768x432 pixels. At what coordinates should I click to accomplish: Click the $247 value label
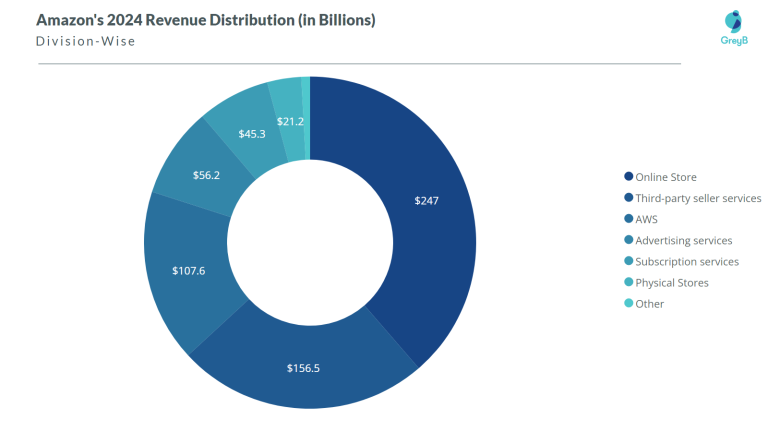[426, 200]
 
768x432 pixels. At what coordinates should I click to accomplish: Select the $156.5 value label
[303, 368]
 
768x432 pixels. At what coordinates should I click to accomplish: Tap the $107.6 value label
[188, 270]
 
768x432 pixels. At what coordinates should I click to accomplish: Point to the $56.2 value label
[206, 175]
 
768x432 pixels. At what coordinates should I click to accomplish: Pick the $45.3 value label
[251, 134]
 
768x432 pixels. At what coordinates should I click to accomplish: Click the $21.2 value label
[290, 121]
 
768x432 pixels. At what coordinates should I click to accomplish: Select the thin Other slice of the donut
[306, 118]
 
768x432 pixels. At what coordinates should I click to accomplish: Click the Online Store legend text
[665, 177]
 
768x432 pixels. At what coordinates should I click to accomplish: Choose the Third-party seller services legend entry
[698, 198]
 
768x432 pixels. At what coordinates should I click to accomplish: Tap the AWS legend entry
[646, 219]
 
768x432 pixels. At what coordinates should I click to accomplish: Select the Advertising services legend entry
[683, 240]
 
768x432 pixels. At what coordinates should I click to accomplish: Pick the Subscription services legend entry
[686, 261]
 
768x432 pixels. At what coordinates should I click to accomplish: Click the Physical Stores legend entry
[671, 282]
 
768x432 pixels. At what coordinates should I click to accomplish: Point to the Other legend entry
[649, 304]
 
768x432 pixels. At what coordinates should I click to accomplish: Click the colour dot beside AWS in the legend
[628, 218]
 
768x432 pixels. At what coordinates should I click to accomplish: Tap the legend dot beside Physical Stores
[628, 282]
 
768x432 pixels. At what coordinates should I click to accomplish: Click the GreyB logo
[734, 28]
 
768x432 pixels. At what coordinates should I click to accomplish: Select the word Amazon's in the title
[69, 20]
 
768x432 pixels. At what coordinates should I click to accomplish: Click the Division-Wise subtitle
[85, 41]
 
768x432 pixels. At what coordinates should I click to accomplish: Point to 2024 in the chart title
[124, 20]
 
